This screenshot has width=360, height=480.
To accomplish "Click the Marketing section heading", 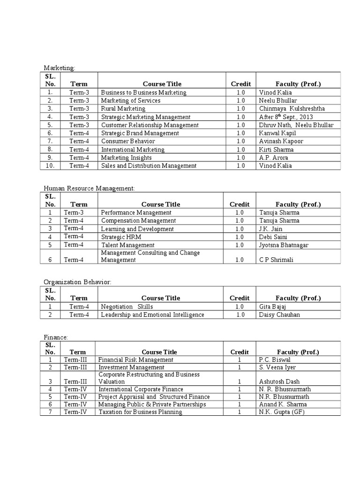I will tap(59, 68).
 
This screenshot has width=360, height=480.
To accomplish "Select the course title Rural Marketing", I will tap(117, 109).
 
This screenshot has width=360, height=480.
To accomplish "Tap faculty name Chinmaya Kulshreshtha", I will tap(292, 109).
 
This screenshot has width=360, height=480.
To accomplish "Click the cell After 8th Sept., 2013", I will tap(285, 117).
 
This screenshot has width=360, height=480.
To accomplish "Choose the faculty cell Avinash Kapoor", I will tap(281, 141).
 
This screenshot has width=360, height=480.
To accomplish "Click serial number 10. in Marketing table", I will tap(50, 165).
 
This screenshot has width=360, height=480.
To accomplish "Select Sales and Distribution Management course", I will tap(149, 165).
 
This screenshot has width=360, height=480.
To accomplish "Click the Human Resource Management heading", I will tap(89, 188).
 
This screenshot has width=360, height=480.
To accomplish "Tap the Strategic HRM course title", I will tap(121, 237).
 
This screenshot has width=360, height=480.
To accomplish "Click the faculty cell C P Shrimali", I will tap(276, 260).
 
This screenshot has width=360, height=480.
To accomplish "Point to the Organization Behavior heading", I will tap(77, 282).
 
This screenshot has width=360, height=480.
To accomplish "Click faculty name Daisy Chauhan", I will tap(279, 315).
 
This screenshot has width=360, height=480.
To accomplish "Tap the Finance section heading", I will tap(56, 337).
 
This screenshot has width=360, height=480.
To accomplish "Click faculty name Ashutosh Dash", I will tap(279, 382).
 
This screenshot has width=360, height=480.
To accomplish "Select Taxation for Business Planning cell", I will tap(140, 412).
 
